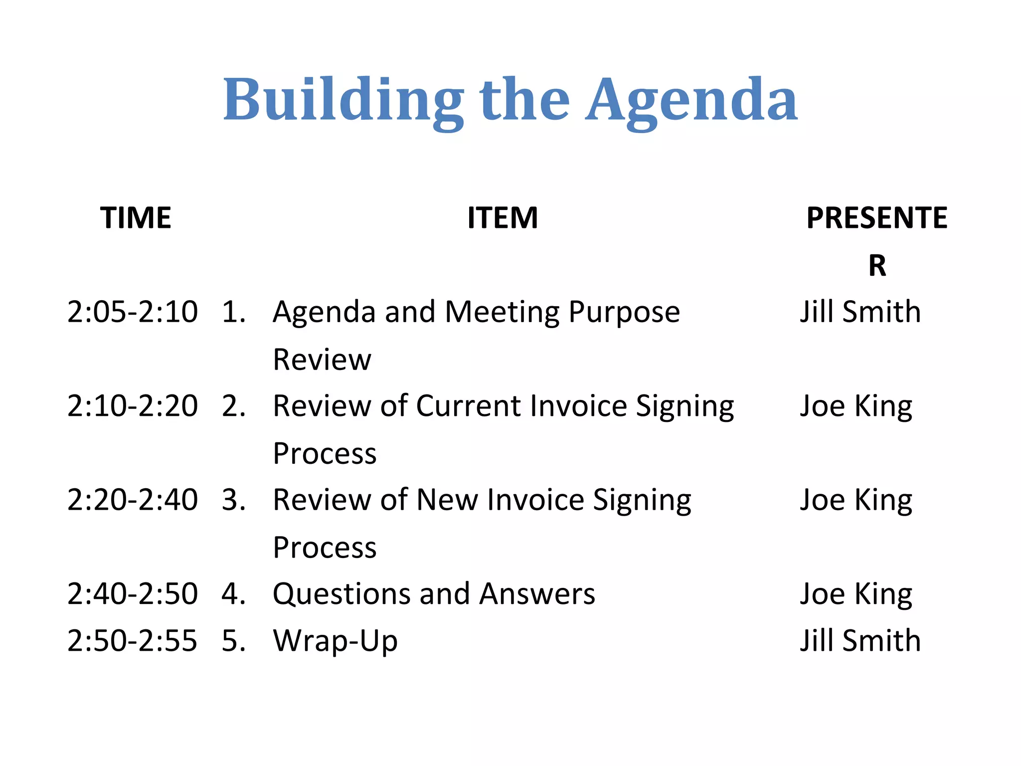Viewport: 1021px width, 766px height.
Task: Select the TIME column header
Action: point(136,218)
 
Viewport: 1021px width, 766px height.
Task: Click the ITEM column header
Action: point(503,218)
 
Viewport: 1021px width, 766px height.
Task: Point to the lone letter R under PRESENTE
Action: point(877,265)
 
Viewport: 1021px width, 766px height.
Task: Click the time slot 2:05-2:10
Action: point(132,312)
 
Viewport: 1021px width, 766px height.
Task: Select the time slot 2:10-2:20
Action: point(132,406)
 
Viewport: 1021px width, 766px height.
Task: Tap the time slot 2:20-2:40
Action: point(132,500)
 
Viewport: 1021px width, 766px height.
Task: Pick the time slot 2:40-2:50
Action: point(132,594)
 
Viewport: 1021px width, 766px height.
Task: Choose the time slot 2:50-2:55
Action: point(132,641)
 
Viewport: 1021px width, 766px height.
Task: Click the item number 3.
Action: point(233,500)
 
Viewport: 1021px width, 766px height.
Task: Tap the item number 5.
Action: point(233,641)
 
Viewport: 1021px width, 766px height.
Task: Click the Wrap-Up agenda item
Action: point(335,641)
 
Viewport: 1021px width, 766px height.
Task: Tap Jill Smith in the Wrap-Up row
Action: point(860,641)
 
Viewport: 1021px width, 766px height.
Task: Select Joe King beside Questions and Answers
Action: point(856,594)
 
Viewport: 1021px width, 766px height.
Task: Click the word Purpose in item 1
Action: point(624,313)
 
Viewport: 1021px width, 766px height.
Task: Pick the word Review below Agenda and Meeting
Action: point(322,360)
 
